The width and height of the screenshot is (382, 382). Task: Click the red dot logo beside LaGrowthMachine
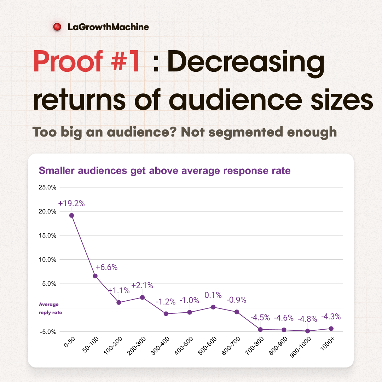point(57,27)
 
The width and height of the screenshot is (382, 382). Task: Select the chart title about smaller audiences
point(164,171)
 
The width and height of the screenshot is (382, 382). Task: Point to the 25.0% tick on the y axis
point(47,187)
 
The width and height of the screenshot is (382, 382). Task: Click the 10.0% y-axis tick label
point(47,260)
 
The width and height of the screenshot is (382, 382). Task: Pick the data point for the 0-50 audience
point(71,215)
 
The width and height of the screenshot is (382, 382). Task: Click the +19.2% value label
point(71,204)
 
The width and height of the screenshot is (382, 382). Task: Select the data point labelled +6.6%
point(95,276)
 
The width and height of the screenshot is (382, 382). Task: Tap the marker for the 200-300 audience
point(143,297)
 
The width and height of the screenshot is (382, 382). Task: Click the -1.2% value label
point(166,302)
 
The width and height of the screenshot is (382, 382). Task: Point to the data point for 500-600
point(213,307)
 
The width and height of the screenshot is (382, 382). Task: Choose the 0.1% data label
point(213,295)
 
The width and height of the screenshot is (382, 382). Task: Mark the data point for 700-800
point(261,329)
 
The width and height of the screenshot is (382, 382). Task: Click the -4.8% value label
point(307,319)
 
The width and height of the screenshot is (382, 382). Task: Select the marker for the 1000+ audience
point(331,329)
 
